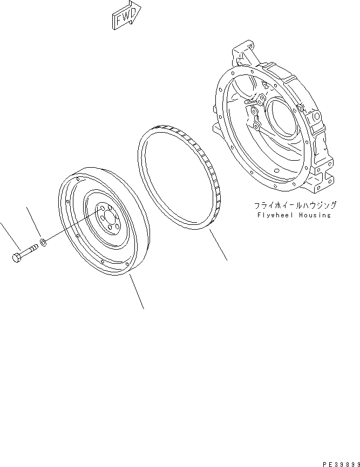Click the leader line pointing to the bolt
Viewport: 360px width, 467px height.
8,234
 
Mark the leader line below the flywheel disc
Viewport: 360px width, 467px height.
137,291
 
